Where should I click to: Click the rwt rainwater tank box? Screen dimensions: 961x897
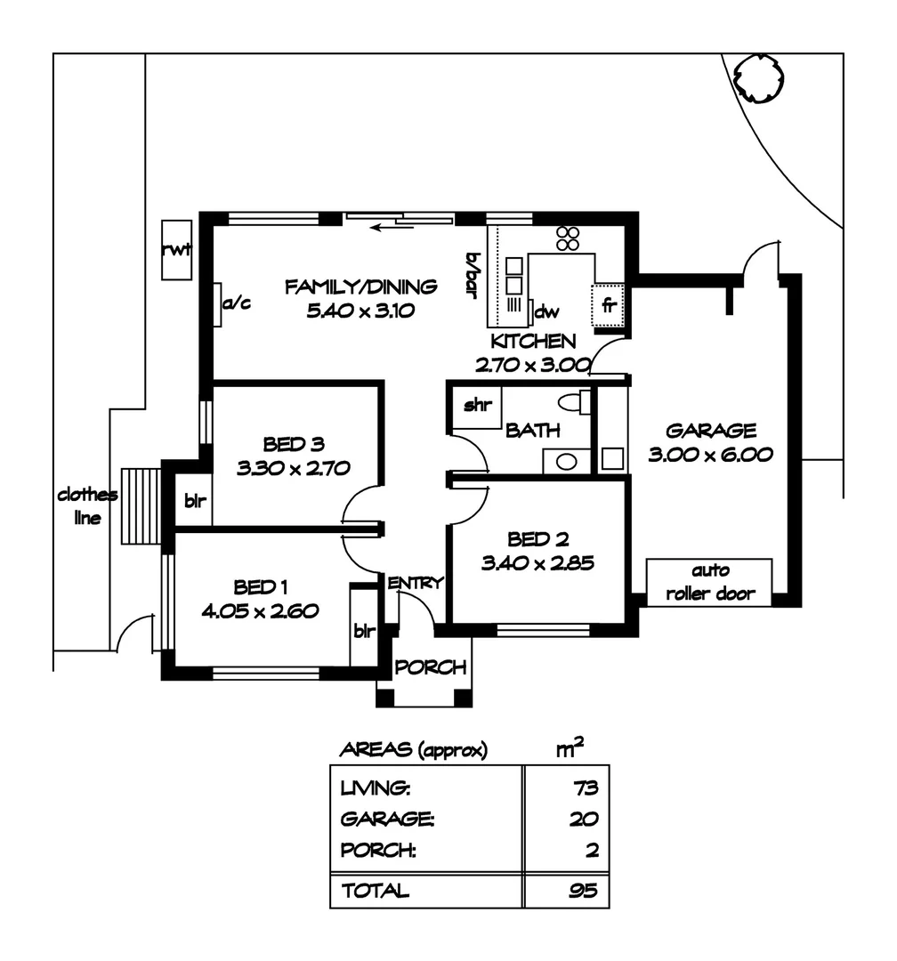(x=176, y=249)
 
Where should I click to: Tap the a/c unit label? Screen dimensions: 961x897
(x=237, y=303)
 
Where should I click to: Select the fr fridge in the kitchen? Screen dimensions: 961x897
(x=610, y=305)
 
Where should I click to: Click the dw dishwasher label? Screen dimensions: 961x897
(x=546, y=311)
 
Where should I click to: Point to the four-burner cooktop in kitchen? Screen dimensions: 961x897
(x=568, y=238)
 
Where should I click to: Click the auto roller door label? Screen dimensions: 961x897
(x=709, y=582)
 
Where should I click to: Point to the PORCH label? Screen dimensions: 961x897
(x=431, y=667)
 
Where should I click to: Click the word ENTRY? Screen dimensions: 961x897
(x=415, y=583)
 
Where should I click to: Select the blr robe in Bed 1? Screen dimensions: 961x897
(x=364, y=632)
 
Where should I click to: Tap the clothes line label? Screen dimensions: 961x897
(x=87, y=505)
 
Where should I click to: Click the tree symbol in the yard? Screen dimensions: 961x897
(x=758, y=77)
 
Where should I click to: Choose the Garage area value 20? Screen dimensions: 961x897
(x=584, y=820)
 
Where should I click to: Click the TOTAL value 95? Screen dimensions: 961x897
(x=584, y=890)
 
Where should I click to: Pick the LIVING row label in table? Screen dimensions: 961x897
(x=376, y=788)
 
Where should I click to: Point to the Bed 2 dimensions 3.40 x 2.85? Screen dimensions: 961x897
(x=537, y=562)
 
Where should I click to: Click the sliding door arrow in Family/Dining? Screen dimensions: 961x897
(x=392, y=228)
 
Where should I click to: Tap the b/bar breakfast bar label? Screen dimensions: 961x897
(x=472, y=273)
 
